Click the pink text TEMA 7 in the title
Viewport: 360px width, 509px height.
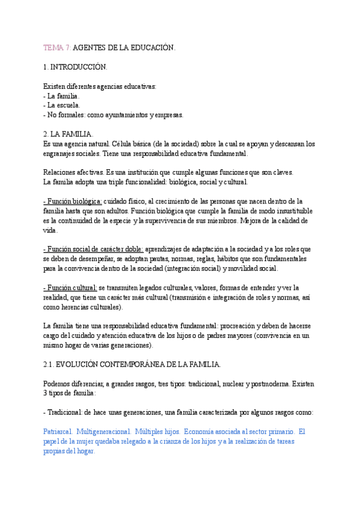click(x=57, y=47)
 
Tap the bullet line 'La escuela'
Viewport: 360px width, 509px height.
click(x=63, y=105)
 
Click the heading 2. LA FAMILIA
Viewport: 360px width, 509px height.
click(x=68, y=134)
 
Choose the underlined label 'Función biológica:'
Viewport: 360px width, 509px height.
click(x=73, y=201)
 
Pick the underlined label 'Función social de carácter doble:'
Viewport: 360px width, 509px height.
click(x=93, y=249)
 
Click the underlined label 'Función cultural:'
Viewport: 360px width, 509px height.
click(x=70, y=288)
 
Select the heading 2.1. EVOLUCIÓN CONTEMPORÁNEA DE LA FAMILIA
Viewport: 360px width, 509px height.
click(x=132, y=364)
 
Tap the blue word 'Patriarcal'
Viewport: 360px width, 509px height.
click(x=58, y=432)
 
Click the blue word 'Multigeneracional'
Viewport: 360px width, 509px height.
click(x=103, y=432)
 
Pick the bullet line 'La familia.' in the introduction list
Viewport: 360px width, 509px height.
click(x=63, y=95)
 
